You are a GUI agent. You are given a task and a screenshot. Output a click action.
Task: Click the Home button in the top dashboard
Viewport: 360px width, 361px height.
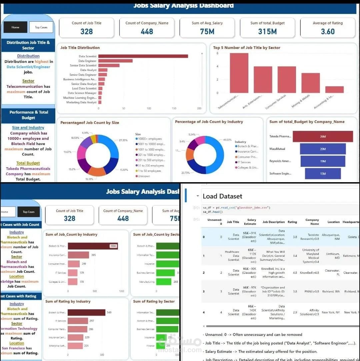coord(15,27)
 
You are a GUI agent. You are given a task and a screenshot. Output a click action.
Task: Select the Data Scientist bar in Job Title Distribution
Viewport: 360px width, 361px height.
coord(143,56)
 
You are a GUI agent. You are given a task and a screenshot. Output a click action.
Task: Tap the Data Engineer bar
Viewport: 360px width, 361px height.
coord(115,61)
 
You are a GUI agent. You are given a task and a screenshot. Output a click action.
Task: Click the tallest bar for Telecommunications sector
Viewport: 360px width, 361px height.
coord(239,73)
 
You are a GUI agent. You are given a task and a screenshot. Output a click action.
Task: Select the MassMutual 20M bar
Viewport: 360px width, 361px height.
coord(323,149)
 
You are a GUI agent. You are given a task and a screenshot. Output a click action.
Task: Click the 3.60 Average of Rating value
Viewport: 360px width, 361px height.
coord(328,32)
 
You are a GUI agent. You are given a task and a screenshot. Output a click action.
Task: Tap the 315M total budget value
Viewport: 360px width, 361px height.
coord(267,32)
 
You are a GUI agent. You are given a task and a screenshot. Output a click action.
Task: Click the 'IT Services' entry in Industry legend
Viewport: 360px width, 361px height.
coord(244,162)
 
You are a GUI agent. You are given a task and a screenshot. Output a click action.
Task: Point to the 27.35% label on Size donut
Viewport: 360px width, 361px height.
coord(123,140)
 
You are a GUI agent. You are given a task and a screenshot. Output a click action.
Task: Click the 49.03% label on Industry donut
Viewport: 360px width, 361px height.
coord(227,140)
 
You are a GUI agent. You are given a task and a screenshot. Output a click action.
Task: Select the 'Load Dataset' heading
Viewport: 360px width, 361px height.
coord(222,196)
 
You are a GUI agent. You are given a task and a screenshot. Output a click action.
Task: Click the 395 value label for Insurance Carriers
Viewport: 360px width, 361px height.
coord(94,255)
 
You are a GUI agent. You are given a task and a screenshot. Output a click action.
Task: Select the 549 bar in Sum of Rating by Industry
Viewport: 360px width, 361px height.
coord(86,313)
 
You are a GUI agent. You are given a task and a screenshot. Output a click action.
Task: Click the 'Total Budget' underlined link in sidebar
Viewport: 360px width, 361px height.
coord(28,163)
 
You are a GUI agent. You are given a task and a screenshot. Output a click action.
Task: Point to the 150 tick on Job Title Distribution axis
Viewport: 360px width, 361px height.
coord(174,109)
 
